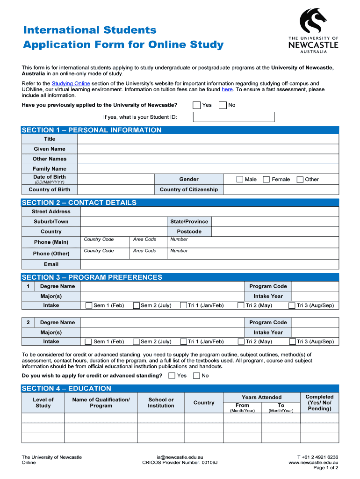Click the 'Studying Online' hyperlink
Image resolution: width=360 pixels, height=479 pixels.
(71, 83)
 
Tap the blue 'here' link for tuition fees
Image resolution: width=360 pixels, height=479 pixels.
(227, 89)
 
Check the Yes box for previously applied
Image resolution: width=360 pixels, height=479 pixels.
(197, 105)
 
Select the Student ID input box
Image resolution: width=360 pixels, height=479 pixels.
(234, 117)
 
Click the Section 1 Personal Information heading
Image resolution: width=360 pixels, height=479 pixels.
(92, 130)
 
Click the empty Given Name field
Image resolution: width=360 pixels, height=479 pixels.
(208, 149)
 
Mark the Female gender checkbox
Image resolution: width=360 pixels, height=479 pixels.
(266, 179)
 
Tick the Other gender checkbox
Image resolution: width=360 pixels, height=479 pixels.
(300, 179)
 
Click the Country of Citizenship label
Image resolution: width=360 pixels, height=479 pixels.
(189, 189)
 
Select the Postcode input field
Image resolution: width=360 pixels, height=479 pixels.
(275, 232)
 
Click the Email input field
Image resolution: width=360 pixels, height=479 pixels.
(209, 264)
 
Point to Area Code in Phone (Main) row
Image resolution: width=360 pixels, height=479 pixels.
(144, 239)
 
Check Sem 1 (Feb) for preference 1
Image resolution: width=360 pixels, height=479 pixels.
(89, 305)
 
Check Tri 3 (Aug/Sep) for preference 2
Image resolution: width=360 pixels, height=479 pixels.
(293, 341)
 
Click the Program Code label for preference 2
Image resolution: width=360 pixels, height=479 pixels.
(268, 322)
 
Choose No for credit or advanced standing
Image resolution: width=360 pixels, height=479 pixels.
(196, 376)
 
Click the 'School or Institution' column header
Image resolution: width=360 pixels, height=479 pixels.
(161, 403)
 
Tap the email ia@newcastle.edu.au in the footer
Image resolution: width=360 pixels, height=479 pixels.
(180, 457)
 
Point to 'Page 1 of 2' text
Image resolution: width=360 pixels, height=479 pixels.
(325, 468)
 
